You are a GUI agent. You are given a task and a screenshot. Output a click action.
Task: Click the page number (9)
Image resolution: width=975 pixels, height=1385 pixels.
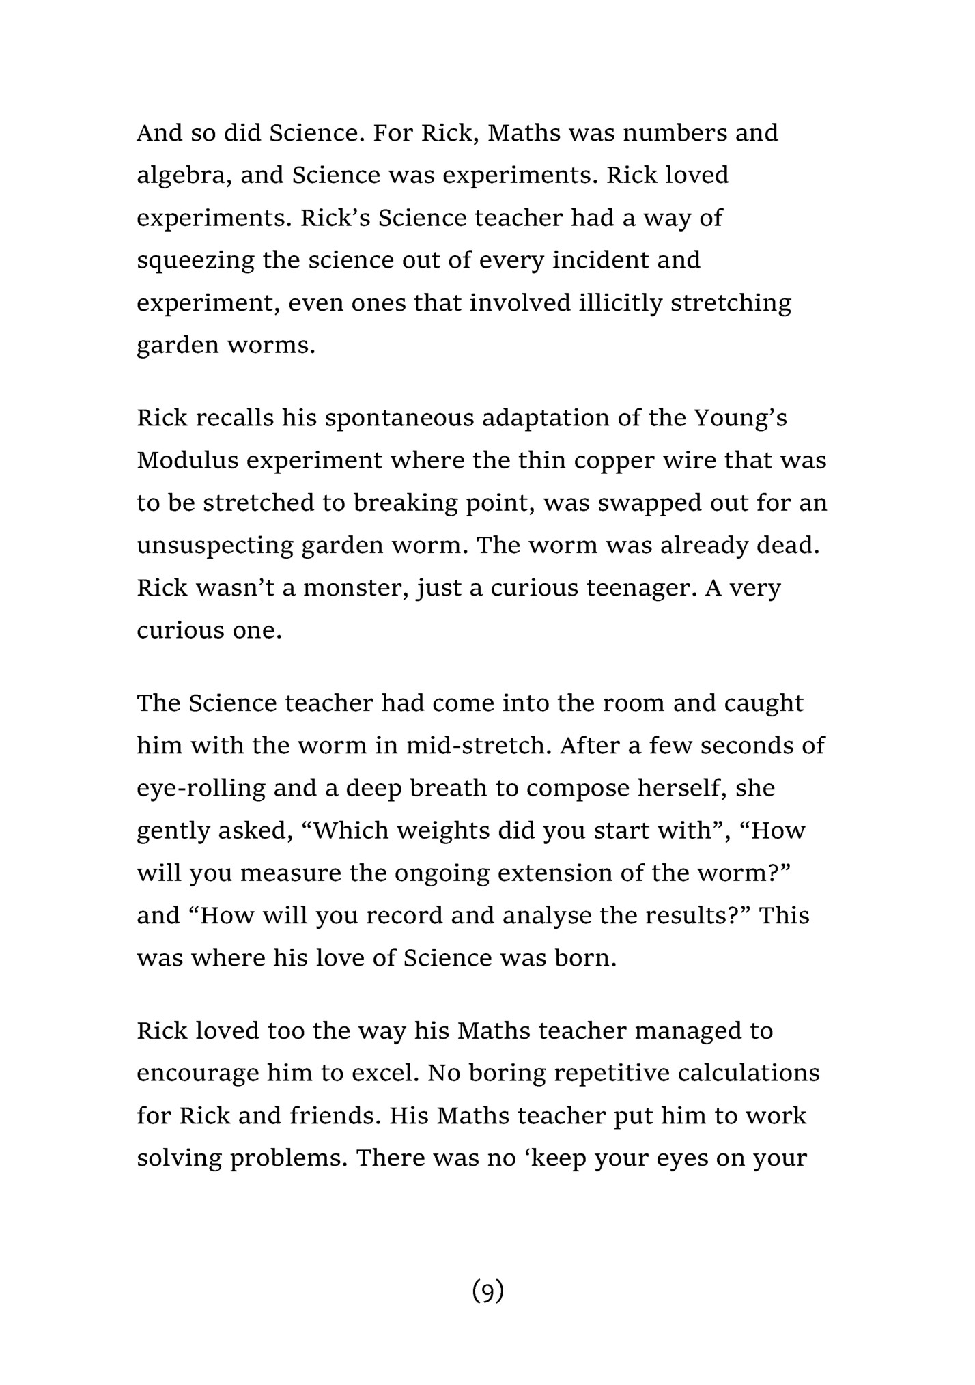pos(487,1291)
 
